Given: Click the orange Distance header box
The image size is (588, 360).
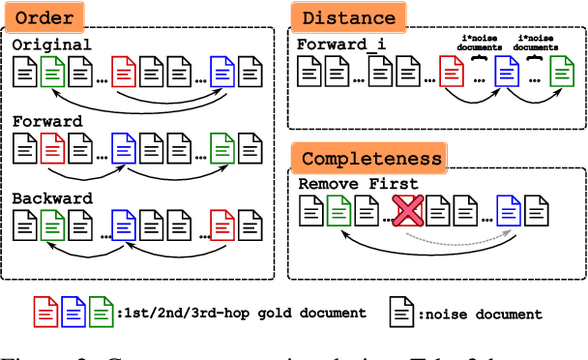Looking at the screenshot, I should [x=347, y=16].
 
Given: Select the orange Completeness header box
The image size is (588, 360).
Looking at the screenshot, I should [x=371, y=158].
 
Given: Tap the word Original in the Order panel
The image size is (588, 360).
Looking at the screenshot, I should [x=52, y=45].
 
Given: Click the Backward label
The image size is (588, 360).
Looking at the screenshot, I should [x=52, y=199].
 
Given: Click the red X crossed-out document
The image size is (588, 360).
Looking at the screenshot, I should [x=408, y=210].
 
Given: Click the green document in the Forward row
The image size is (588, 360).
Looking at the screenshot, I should [x=222, y=147].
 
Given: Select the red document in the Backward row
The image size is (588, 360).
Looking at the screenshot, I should [x=222, y=225].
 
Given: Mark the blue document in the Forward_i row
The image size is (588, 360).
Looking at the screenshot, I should [x=505, y=71].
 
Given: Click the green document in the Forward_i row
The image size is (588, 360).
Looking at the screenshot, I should [x=560, y=71].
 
